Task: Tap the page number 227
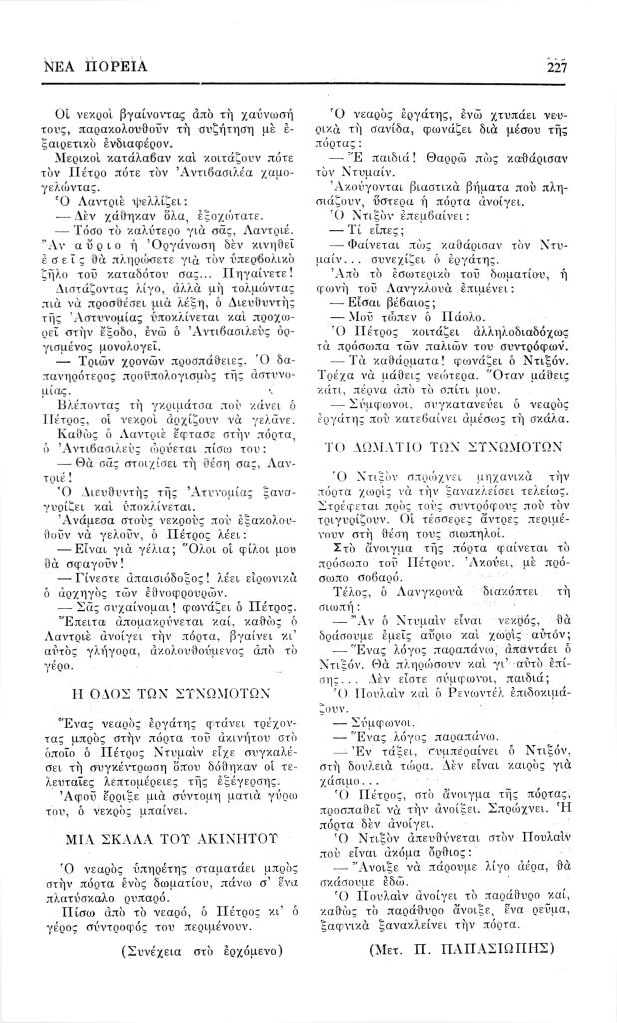556,67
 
